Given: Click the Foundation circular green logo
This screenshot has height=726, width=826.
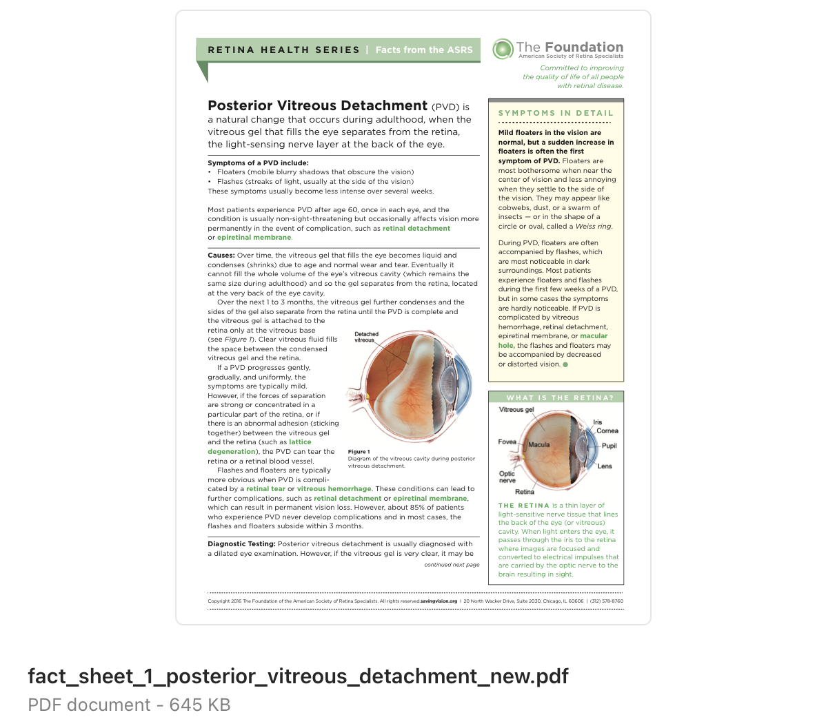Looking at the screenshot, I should (503, 49).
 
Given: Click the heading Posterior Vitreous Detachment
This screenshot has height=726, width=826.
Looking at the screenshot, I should (317, 105).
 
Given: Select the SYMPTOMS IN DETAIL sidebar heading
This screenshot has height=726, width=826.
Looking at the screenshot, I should (556, 113).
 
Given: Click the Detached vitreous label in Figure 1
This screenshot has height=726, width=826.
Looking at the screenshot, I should (366, 337).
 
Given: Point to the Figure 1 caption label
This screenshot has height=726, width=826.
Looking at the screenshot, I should (359, 452).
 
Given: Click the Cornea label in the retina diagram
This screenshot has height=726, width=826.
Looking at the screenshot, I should (607, 431).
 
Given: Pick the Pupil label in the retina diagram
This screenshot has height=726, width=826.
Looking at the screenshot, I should (609, 446).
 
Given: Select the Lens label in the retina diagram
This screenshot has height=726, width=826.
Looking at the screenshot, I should (604, 466).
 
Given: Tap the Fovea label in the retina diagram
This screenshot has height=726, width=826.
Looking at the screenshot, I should (507, 442).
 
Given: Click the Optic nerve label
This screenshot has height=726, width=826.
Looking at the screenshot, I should (507, 477).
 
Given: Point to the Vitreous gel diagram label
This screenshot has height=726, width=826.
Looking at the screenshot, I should (516, 410).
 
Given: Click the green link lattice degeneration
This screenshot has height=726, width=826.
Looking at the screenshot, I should (300, 442).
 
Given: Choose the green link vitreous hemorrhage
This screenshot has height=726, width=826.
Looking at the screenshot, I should (334, 489).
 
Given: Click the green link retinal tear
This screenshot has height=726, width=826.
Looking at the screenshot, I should (265, 489).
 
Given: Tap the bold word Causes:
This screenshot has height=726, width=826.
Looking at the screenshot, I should (221, 256).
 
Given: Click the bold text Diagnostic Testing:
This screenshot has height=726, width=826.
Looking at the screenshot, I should (241, 544).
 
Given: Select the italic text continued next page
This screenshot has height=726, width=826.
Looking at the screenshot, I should (452, 565).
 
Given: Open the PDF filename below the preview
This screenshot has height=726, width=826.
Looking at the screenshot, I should (298, 676).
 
